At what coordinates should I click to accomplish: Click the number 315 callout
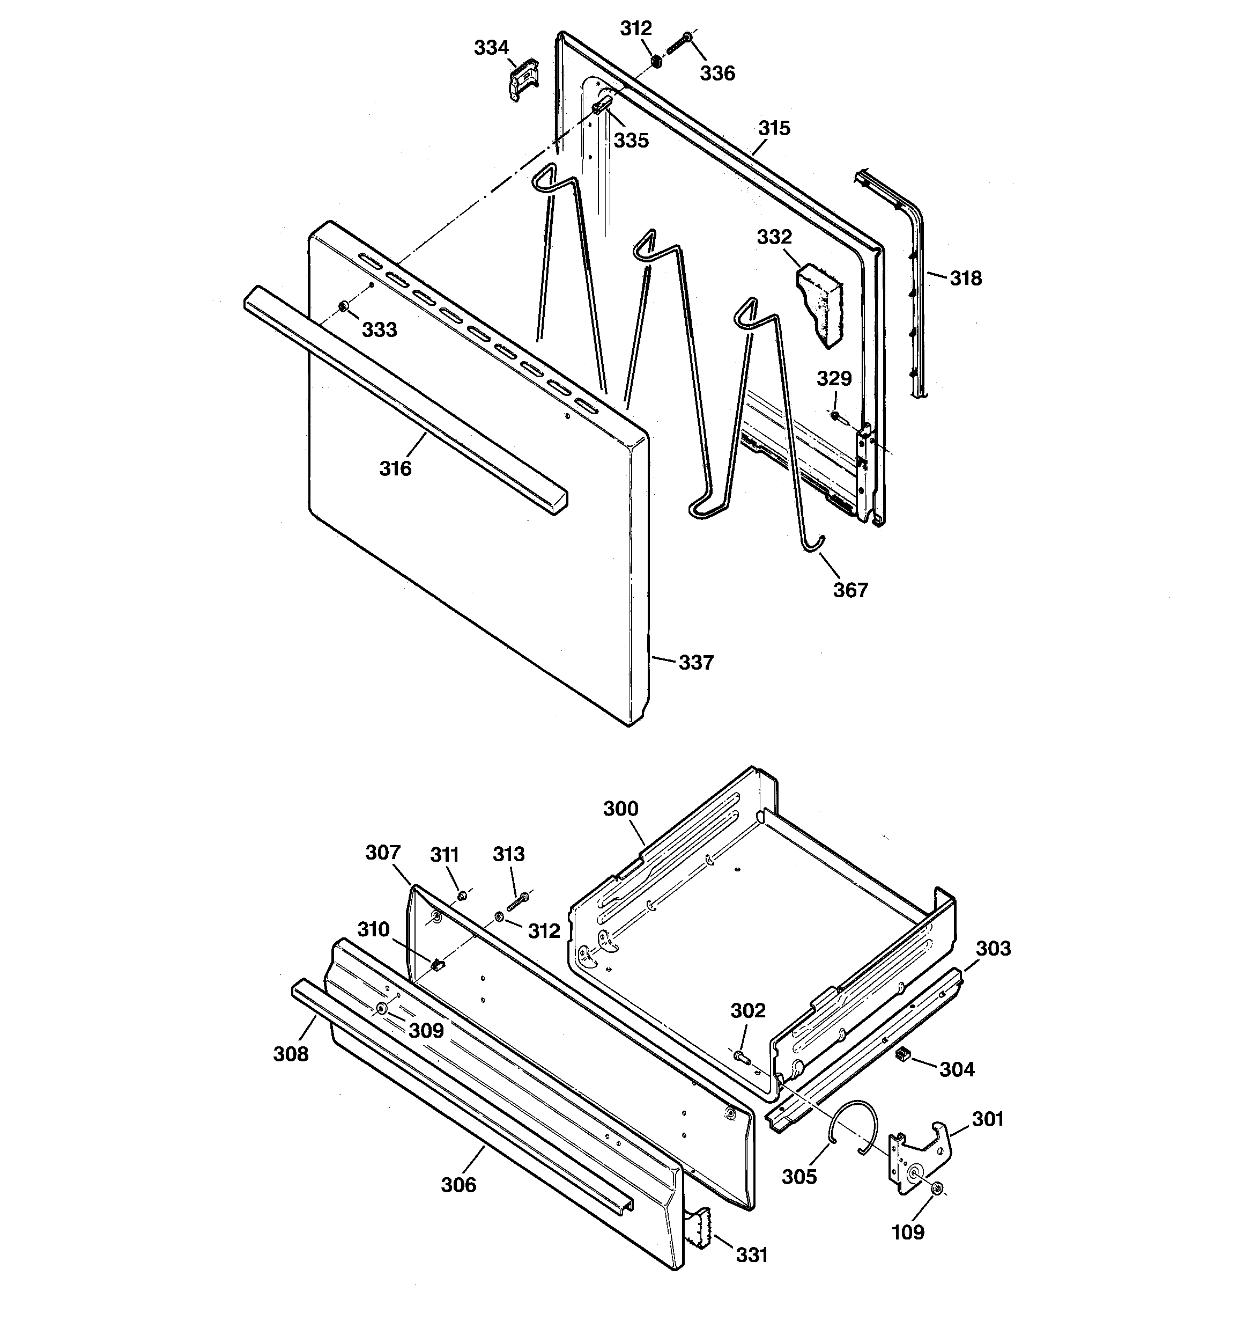point(774,128)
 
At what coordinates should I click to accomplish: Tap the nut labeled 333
point(343,306)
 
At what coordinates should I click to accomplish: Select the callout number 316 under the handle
point(395,469)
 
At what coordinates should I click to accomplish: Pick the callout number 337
point(696,663)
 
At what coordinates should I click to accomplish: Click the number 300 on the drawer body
point(620,809)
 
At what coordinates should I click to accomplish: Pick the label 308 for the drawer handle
point(291,1054)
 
